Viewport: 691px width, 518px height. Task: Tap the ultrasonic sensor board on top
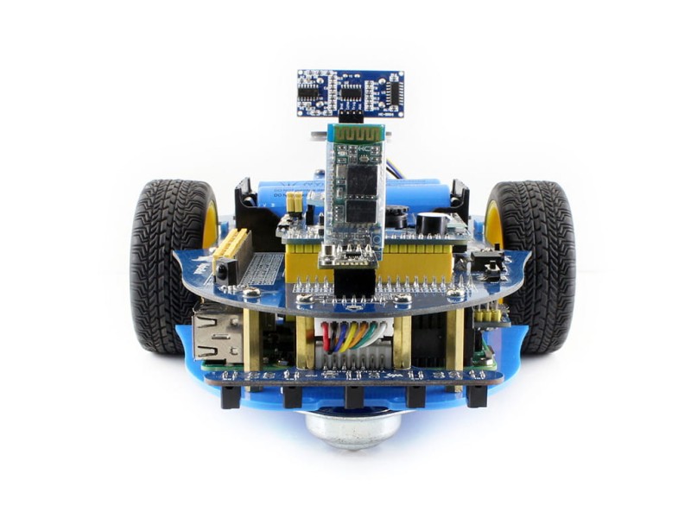point(351,92)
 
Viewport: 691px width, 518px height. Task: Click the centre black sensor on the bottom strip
point(352,396)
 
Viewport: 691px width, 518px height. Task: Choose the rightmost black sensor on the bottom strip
point(476,396)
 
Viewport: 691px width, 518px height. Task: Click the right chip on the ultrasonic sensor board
point(394,90)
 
